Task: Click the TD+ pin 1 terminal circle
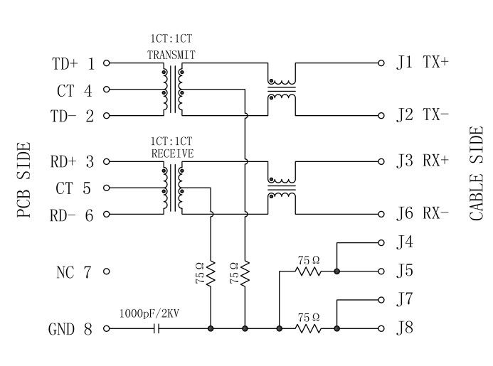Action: [x=107, y=63]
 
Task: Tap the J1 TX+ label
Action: [x=423, y=63]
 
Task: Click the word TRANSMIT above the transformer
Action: [x=171, y=54]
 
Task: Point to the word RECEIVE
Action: [x=172, y=152]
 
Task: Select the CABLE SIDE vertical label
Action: [x=477, y=174]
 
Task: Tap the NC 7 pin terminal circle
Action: [x=107, y=271]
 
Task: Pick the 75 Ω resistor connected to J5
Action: [x=308, y=271]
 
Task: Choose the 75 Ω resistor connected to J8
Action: [x=308, y=328]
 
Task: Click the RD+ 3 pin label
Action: [x=73, y=161]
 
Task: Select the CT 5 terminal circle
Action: [x=107, y=188]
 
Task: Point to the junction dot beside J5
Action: [x=336, y=271]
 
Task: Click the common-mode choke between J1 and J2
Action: [x=281, y=89]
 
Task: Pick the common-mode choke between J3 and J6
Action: [x=281, y=187]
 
